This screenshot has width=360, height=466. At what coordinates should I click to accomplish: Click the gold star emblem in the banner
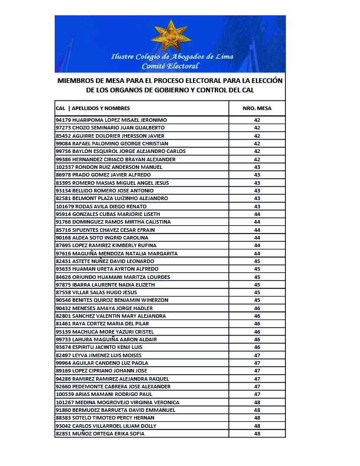coord(171,35)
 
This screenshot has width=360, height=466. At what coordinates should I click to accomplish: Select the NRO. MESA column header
coord(257,108)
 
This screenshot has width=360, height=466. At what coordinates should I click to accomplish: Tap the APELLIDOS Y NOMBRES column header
coord(101,108)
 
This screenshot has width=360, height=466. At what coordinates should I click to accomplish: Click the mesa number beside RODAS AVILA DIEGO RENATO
coord(257,206)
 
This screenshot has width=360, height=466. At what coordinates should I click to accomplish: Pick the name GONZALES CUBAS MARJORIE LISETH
coord(112,214)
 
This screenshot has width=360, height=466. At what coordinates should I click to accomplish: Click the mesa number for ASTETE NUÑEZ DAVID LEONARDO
coord(257,261)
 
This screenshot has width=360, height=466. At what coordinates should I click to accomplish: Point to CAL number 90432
coord(62,308)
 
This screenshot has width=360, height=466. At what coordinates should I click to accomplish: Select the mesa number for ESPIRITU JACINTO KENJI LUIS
coord(257,347)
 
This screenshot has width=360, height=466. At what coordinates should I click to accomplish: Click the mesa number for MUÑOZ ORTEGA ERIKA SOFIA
coord(257,434)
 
